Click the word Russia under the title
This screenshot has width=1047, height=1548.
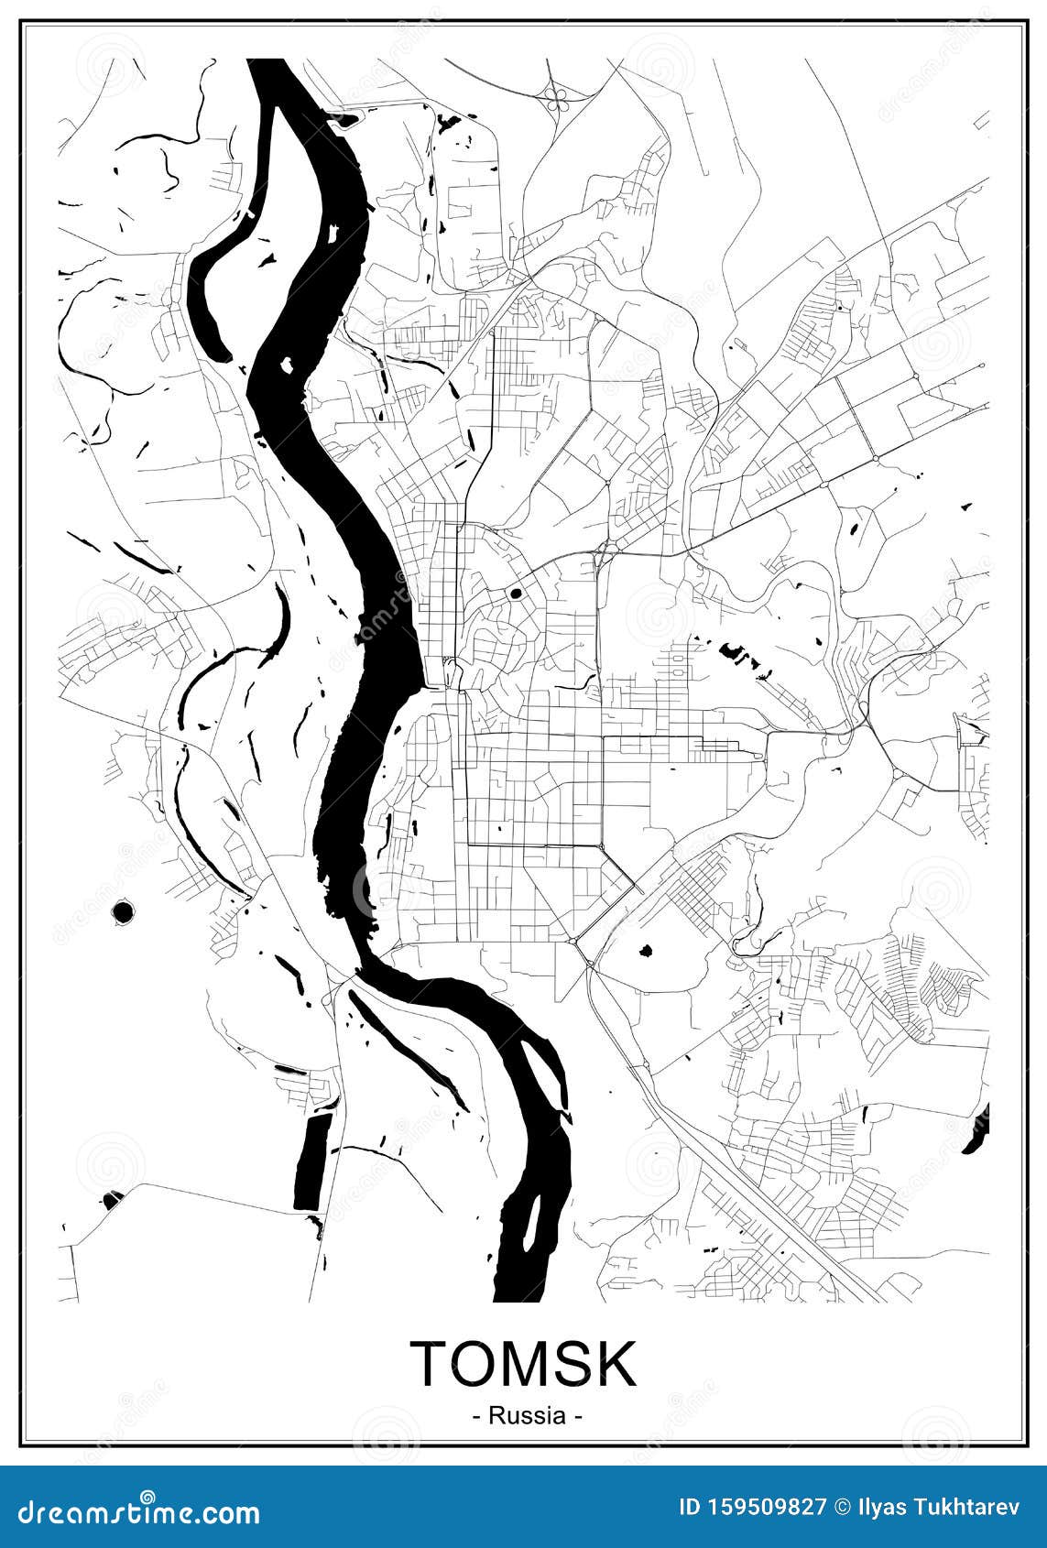coord(527,1415)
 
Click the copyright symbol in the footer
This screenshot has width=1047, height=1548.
coord(840,1507)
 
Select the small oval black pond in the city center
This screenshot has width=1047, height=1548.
coord(515,594)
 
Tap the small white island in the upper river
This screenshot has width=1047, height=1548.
coord(286,365)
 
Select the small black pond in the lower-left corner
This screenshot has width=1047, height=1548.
coord(112,1199)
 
